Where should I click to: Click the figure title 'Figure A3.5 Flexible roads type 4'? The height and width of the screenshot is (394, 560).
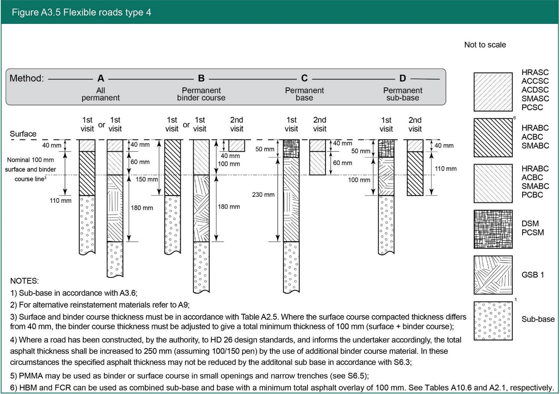(81, 12)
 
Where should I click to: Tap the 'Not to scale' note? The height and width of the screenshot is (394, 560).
(485, 45)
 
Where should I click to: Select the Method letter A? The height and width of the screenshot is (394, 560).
(101, 79)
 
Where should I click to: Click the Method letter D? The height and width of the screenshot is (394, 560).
(403, 79)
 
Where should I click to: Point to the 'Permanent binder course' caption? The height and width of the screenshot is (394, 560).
(201, 94)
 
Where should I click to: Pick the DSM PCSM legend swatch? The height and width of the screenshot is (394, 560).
(493, 229)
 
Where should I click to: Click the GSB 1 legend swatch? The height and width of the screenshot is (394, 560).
(493, 275)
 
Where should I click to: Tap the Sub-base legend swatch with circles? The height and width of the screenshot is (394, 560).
(493, 321)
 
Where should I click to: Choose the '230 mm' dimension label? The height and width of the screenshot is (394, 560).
(263, 195)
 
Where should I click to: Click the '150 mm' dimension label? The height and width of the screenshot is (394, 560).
(146, 179)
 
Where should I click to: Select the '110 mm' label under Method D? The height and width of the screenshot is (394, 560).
(446, 169)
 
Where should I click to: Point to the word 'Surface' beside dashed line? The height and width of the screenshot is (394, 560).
(23, 134)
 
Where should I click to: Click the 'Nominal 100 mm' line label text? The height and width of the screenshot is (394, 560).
(30, 160)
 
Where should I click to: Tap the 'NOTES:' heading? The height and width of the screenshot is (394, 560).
(24, 281)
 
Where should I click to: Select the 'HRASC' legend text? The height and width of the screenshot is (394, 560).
(535, 73)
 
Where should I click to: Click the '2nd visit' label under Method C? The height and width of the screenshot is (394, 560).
(319, 124)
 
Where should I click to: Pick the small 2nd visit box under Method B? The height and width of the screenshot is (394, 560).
(237, 145)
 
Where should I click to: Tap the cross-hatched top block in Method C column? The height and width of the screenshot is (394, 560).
(291, 148)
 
